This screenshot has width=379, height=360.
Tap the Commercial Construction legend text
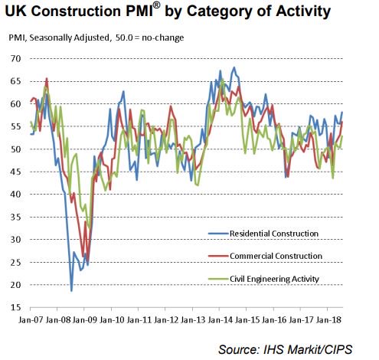[277, 255]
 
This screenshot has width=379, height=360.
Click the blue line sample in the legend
[218, 233]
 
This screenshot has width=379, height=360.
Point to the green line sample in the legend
[218, 278]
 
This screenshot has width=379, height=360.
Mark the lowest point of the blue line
[71, 290]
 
